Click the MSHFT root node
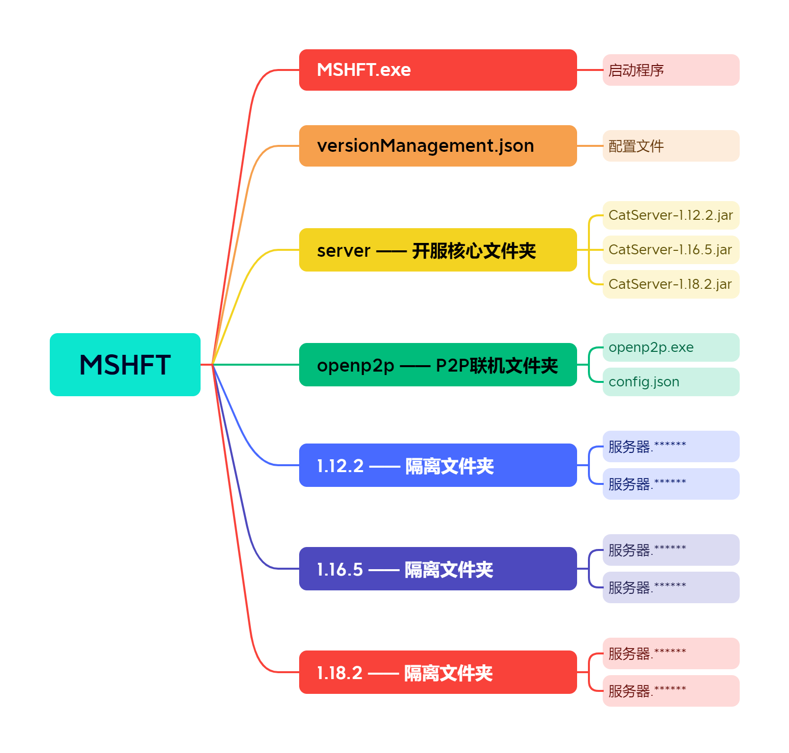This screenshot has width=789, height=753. pos(125,365)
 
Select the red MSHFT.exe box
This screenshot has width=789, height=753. pos(438,70)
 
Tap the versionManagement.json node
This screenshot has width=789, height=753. pos(438,146)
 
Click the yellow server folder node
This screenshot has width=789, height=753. pos(438,250)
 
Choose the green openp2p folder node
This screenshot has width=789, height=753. pos(438,365)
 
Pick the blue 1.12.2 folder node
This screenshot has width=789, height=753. pos(438,465)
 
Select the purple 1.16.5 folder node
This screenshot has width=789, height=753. pos(438,569)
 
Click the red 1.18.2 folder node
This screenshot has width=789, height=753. pos(438,672)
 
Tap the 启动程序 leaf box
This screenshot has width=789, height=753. pos(671,70)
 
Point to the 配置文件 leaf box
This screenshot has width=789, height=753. pos(671,146)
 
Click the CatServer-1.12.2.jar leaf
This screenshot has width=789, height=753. pos(671,215)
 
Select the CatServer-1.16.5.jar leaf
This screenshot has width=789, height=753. pos(671,250)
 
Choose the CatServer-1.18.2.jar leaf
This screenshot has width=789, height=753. pos(671,284)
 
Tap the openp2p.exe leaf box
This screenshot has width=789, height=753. pos(671,347)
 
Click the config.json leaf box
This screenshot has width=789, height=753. pos(671,382)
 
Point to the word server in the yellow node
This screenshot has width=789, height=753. pos(343,251)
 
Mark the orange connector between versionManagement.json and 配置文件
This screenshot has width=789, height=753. pos(590,146)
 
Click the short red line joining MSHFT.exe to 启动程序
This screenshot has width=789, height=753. pos(590,70)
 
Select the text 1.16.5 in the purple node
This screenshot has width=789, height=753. pos(340,570)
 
